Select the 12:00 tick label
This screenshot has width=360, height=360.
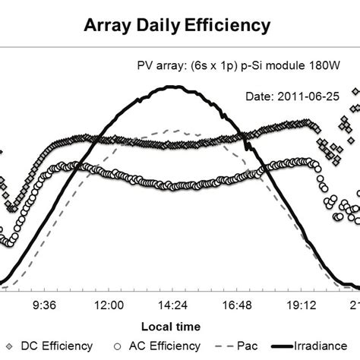click(x=110, y=305)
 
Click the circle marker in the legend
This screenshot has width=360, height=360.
click(x=117, y=346)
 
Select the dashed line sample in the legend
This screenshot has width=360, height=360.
click(x=226, y=346)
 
